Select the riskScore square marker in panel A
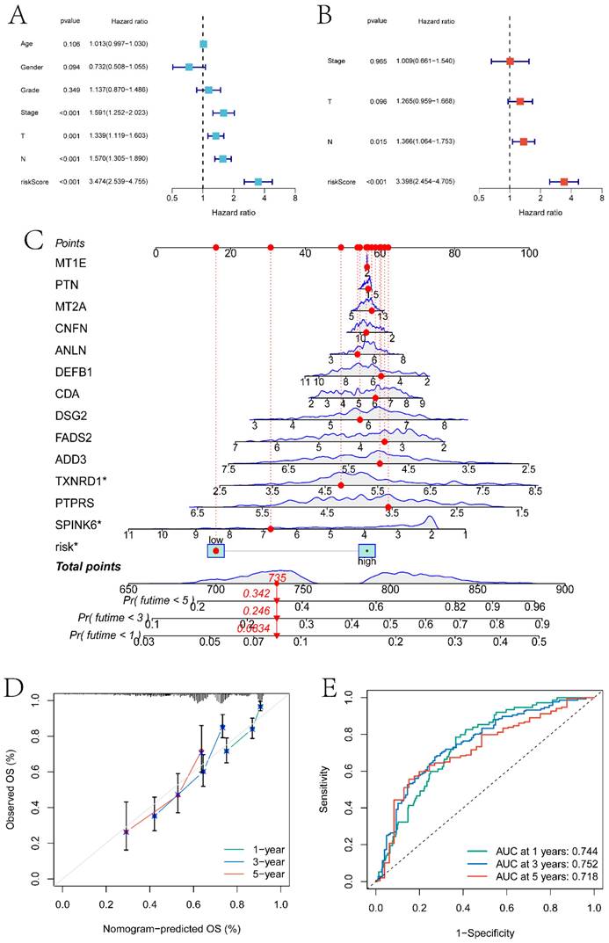[x=258, y=181]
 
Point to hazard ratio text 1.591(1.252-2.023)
[x=118, y=112]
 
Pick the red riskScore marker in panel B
[x=564, y=182]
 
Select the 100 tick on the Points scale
[x=528, y=253]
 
